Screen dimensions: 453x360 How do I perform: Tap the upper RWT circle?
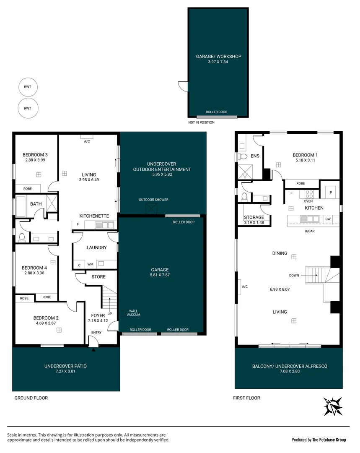pos(28,87)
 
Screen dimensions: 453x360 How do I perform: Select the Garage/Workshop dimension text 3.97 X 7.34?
pos(218,62)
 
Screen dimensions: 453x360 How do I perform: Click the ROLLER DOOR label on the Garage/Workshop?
pos(216,112)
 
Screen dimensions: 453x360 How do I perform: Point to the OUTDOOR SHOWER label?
pos(154,200)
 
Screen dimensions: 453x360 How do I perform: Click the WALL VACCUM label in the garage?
pos(134,313)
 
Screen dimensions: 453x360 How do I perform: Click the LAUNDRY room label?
pos(96,247)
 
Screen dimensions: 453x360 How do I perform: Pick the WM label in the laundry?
pos(90,264)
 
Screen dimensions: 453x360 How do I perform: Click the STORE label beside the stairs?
pos(98,277)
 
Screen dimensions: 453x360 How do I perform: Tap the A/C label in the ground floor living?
pos(87,141)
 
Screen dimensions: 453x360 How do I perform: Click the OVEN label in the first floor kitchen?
pos(308,201)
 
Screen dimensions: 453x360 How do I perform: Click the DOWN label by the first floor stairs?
pos(294,276)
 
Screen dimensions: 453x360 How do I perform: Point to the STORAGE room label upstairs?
pos(254,217)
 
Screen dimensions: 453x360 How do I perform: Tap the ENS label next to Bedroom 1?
pos(255,156)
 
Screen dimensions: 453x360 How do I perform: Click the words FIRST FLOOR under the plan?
pos(246,398)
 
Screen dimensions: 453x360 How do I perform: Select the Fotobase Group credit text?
pos(319,440)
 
